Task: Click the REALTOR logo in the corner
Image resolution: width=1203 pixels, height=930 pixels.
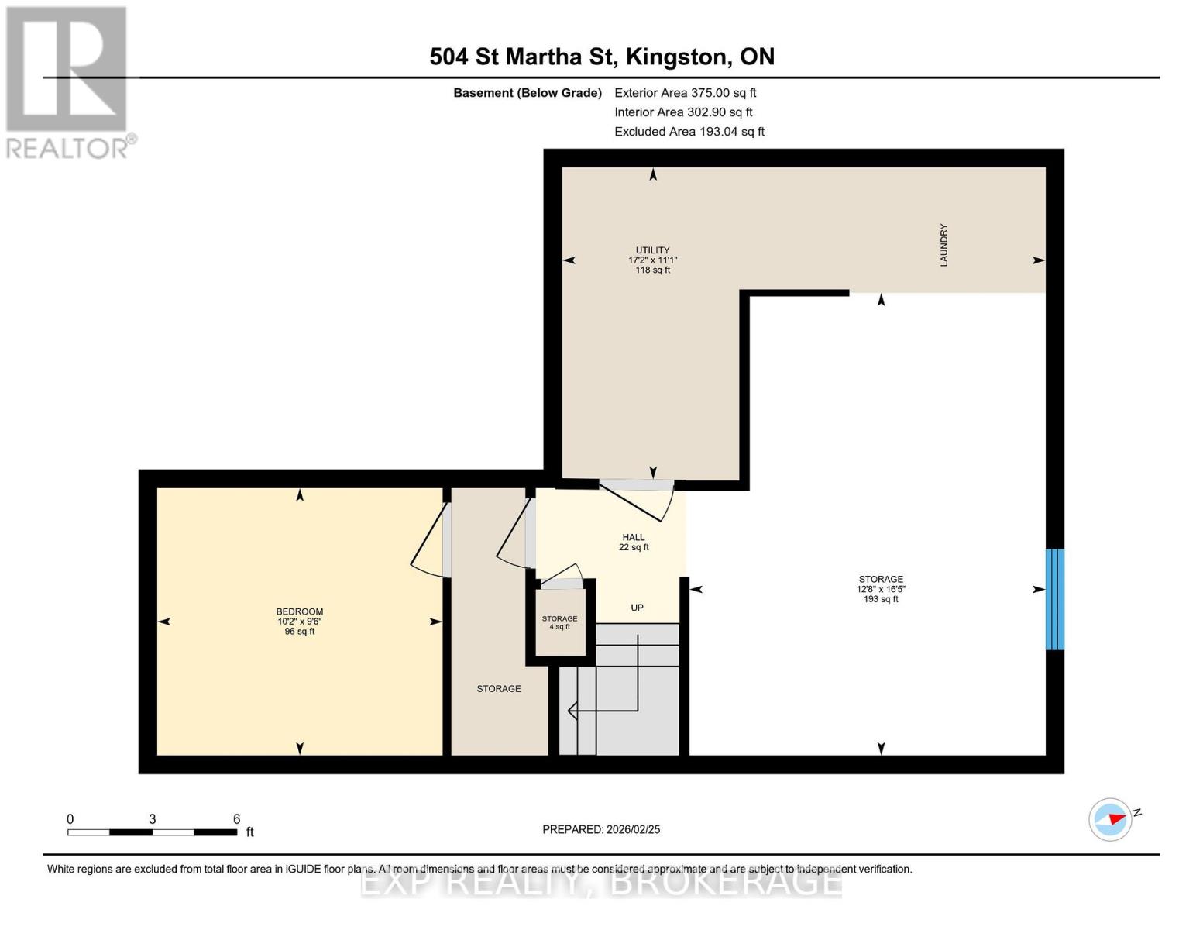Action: pos(68,82)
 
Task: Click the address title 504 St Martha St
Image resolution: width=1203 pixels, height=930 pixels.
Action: pos(601,57)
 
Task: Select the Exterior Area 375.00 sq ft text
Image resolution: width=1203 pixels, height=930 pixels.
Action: pos(685,93)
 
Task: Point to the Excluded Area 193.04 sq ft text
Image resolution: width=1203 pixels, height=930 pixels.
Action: pos(689,132)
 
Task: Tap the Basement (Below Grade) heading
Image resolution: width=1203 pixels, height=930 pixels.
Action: pos(527,93)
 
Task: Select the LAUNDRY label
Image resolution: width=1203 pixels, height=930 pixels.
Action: pos(943,246)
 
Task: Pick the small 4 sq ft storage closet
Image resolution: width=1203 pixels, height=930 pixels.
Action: pos(559,622)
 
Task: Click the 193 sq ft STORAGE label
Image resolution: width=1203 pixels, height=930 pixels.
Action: pos(880,589)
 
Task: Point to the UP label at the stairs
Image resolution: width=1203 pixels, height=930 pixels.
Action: pos(637,608)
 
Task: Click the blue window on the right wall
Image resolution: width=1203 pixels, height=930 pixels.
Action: pos(1054,599)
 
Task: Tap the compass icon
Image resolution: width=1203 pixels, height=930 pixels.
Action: pos(1110,819)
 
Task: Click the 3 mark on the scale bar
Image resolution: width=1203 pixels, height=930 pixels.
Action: pos(153,819)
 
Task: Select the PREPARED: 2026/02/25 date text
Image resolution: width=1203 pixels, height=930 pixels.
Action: pos(601,829)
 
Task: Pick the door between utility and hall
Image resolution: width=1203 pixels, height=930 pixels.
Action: pos(638,500)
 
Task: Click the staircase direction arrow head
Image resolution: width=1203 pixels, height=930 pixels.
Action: pos(572,709)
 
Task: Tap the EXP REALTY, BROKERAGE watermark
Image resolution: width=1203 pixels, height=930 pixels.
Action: pos(601,882)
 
